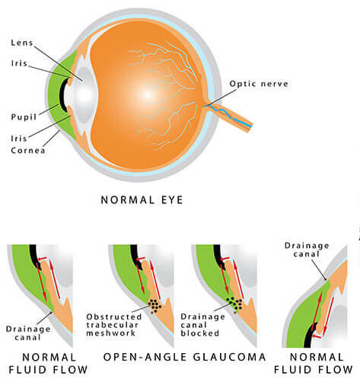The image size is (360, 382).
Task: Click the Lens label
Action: pos(22,43)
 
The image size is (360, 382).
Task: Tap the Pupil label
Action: pos(24,117)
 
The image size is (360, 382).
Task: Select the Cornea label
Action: pos(28,150)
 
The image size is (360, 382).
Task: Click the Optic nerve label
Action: pos(259,84)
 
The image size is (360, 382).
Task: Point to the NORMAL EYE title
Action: pos(142,200)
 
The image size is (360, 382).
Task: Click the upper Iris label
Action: pos(19,63)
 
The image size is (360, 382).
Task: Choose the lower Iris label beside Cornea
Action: pos(19,138)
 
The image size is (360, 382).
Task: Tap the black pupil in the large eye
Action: pos(62,94)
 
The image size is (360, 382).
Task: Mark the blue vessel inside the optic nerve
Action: pos(231,116)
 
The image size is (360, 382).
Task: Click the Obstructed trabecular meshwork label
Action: pos(114,325)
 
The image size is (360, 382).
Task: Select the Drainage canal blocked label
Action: pos(202,325)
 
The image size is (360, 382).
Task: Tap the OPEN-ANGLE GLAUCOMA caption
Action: pos(185,357)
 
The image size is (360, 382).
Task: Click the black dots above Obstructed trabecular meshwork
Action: pos(155,305)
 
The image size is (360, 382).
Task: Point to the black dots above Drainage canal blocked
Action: pos(234,303)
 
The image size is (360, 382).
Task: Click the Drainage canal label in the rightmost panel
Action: pos(307,250)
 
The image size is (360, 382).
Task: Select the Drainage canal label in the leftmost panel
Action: pos(28,333)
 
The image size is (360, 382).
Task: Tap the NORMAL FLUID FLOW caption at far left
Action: pos(48,363)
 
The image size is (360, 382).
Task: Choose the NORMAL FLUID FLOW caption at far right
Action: pos(314,363)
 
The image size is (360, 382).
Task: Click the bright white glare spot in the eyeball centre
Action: pos(148,95)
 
